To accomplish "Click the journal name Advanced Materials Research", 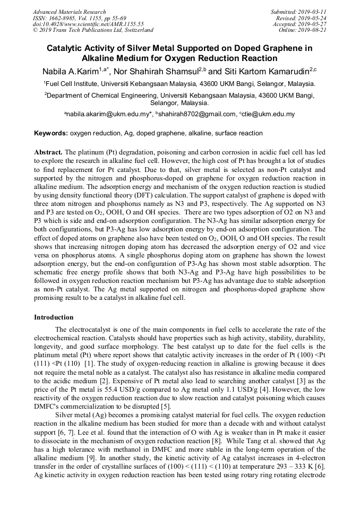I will click(x=70, y=12).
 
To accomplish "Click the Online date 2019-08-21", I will click(x=314, y=30).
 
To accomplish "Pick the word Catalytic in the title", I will click(x=67, y=48).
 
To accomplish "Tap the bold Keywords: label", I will click(x=52, y=133).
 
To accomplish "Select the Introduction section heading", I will click(x=54, y=317).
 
